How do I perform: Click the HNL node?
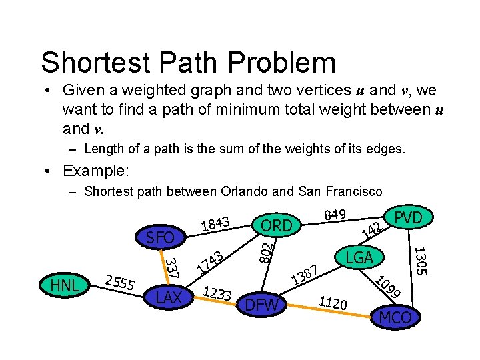[65, 285]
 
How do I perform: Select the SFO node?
[160, 237]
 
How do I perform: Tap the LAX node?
[168, 298]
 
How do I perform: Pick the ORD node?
[276, 225]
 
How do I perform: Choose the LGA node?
[359, 257]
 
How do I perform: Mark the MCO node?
[395, 318]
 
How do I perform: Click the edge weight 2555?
[121, 283]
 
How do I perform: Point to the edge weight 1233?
[217, 293]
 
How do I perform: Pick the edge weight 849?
[334, 215]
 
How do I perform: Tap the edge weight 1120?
[333, 303]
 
